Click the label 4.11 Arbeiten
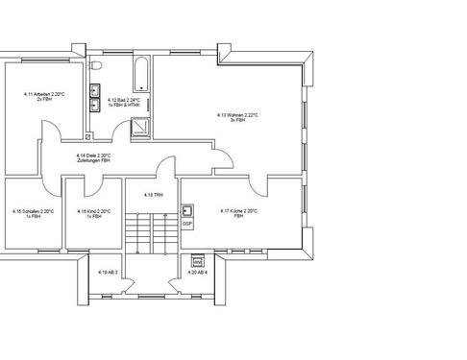44,95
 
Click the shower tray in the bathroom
140,122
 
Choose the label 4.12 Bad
124,99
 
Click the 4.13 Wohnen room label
237,114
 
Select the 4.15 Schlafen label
33,211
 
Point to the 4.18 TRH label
149,195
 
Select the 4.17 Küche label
238,211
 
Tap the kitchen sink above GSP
188,210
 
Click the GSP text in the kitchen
188,223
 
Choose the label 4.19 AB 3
106,273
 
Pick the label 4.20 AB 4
197,273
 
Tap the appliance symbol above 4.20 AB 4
198,259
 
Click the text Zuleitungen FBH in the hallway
94,160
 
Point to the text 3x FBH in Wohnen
237,120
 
